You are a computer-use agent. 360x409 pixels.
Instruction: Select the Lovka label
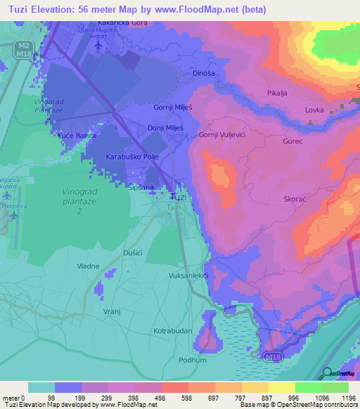click(x=314, y=110)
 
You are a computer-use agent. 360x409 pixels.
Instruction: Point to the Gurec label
click(x=292, y=141)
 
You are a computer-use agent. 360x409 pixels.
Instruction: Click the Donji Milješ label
click(x=166, y=129)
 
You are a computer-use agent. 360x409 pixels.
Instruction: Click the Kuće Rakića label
click(x=77, y=134)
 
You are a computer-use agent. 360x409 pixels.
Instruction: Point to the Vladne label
click(x=89, y=266)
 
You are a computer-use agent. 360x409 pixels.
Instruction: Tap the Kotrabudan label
click(x=173, y=330)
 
